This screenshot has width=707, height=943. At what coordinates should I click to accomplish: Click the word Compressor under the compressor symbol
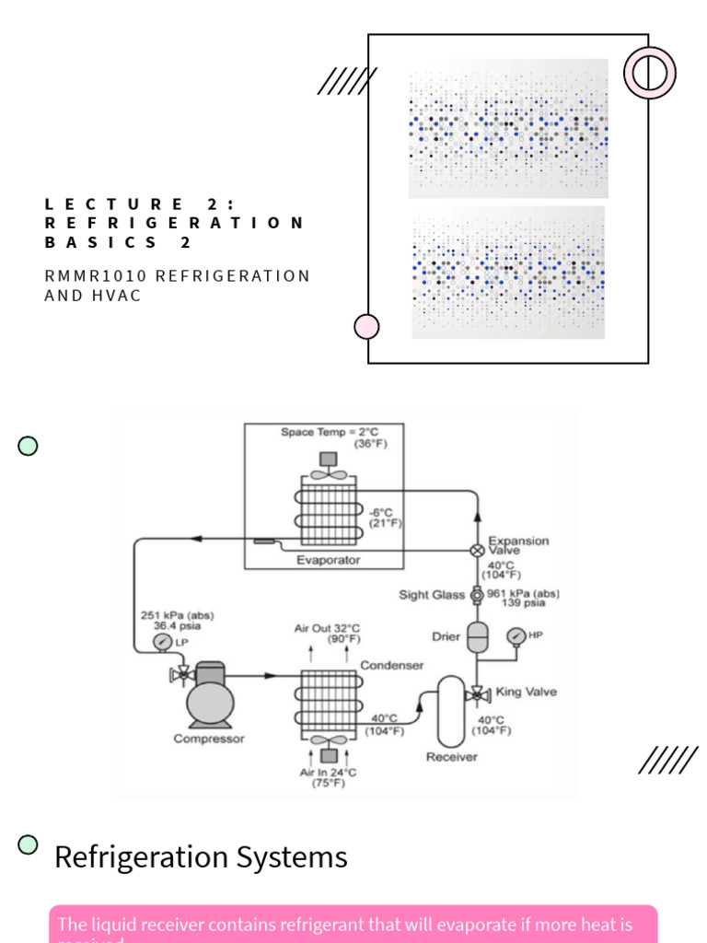pos(209,739)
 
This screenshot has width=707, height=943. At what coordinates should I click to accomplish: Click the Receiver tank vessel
pos(451,711)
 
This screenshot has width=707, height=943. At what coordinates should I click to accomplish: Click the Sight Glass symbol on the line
pos(477,596)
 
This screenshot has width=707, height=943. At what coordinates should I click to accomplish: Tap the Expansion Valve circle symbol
pos(477,550)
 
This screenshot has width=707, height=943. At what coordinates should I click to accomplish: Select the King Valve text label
pos(526,692)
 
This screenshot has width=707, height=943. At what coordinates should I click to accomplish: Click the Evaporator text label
pos(328,560)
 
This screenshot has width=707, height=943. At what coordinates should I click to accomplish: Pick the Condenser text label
pos(391,665)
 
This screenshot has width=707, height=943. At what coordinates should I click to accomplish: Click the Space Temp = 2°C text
pos(329,432)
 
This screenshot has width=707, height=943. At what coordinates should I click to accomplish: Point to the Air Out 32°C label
pos(327,629)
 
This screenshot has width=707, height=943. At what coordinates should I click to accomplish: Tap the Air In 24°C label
pos(328,773)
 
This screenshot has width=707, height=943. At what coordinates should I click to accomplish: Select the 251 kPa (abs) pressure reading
pos(177,615)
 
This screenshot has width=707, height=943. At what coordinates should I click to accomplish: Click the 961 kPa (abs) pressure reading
pos(522,593)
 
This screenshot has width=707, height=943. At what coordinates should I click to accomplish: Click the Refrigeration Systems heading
pos(201,857)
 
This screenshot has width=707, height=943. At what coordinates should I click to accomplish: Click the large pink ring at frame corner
pos(649,73)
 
